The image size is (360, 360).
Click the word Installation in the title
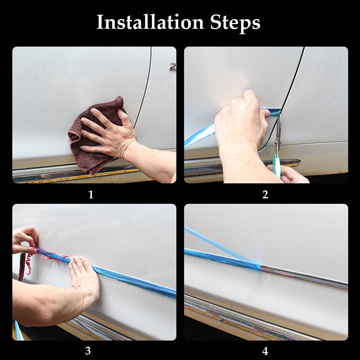coord(150,22)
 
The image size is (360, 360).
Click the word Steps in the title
coord(235,23)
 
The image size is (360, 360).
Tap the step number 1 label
coord(91,195)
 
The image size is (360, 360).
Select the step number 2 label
coord(265,195)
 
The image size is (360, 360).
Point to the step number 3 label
coord(88,351)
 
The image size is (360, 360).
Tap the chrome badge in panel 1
coord(173,66)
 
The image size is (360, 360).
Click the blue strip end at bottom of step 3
coord(19,330)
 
